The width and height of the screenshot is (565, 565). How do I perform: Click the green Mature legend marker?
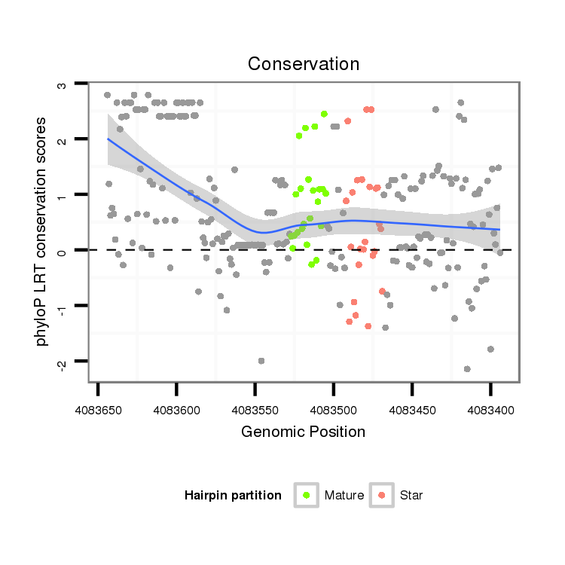(307, 495)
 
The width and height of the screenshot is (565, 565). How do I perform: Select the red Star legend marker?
(382, 495)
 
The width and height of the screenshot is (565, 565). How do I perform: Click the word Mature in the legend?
(344, 495)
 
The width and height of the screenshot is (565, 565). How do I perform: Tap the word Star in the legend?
(412, 495)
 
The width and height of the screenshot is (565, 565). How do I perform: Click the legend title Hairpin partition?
(233, 495)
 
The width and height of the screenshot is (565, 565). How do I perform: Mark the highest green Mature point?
(324, 115)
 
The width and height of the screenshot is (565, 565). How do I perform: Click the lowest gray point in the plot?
(467, 368)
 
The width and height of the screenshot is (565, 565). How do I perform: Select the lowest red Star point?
(368, 326)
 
